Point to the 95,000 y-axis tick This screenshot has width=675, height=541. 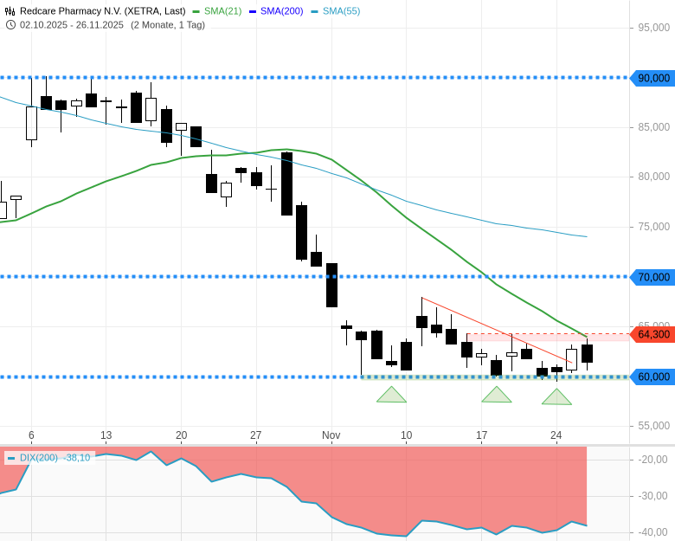tap(654, 28)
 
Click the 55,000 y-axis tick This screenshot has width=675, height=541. tap(654, 426)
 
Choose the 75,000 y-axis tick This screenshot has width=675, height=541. tap(654, 227)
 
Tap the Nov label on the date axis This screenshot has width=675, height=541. tap(331, 435)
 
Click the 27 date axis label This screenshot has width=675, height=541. tap(255, 435)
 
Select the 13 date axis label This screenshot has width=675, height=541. tap(106, 435)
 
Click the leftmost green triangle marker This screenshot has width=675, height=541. tap(391, 396)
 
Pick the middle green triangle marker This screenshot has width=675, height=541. tap(496, 396)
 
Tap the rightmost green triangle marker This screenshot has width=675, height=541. tap(556, 397)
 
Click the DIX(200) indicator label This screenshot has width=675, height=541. tap(39, 458)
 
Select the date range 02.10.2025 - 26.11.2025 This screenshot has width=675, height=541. tap(72, 24)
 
